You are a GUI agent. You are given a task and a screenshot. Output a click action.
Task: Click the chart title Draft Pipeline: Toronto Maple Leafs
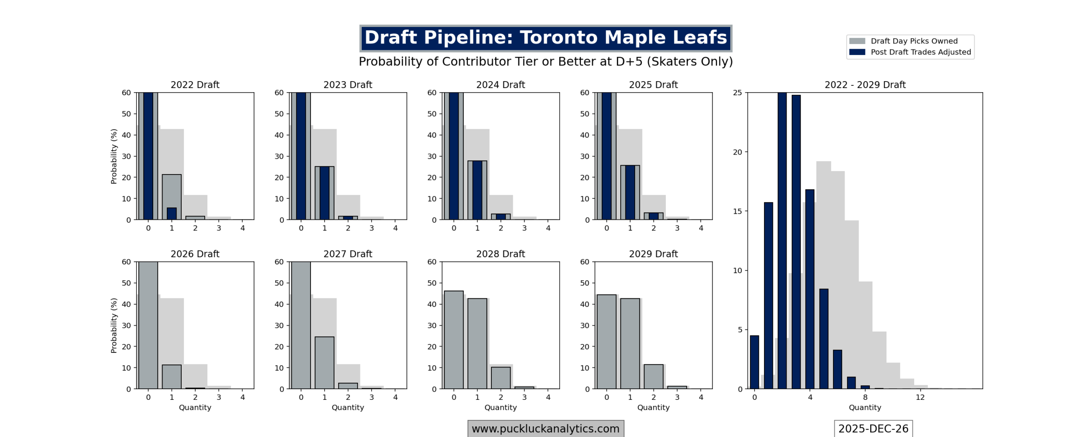545,38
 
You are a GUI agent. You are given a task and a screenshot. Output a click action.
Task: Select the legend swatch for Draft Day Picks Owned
857,41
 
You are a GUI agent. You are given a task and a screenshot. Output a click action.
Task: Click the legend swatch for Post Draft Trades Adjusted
857,52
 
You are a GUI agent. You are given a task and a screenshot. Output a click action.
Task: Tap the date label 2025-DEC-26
873,428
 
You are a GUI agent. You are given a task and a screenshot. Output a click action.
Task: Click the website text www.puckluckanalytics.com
545,428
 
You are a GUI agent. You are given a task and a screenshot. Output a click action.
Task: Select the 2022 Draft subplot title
195,84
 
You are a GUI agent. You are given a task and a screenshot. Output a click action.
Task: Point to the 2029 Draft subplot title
653,254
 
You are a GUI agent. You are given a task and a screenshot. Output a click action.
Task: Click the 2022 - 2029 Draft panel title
865,84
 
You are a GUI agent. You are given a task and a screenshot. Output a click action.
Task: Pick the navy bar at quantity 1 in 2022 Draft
171,214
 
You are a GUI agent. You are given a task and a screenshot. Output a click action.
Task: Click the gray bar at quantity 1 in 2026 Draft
171,377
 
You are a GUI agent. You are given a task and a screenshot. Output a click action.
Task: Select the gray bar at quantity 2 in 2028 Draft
500,378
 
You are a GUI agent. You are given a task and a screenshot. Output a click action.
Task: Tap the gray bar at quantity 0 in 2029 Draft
606,341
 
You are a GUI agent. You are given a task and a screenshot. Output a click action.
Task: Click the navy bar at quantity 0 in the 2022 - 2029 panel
754,362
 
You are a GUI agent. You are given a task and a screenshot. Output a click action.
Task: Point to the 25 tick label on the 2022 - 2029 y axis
737,93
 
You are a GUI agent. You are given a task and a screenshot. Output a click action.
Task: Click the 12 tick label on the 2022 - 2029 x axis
920,397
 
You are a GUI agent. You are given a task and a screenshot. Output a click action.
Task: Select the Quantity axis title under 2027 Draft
348,408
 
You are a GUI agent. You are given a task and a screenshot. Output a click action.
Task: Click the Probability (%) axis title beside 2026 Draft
113,325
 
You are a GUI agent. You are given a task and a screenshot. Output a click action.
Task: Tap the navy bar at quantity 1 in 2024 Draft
477,190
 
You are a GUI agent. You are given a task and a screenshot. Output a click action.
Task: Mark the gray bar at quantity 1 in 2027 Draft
324,363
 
